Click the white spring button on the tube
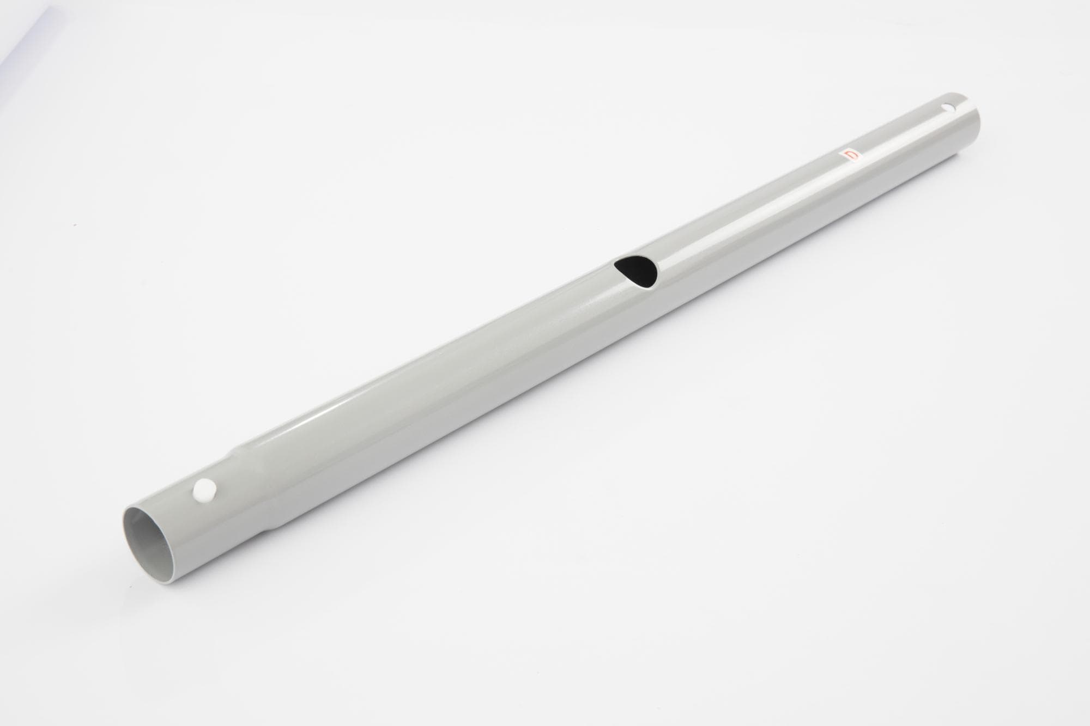pyautogui.click(x=204, y=489)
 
